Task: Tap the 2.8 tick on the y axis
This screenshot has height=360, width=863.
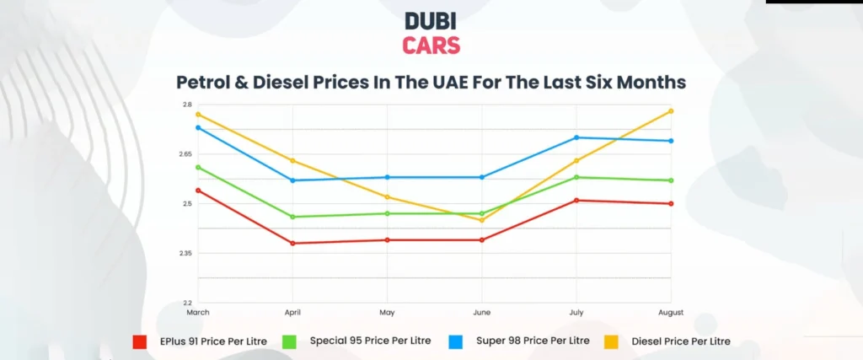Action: tap(186, 105)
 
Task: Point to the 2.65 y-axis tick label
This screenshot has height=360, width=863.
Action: tap(185, 154)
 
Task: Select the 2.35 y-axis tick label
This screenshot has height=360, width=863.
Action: tap(185, 253)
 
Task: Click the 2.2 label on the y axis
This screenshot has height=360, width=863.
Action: tap(186, 303)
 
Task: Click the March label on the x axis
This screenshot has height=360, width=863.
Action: tap(198, 312)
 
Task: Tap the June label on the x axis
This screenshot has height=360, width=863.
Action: tap(481, 312)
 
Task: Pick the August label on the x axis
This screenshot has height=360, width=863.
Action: tap(671, 312)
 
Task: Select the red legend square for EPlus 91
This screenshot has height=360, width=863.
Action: tap(141, 341)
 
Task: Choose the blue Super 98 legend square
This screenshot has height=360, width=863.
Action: tap(456, 341)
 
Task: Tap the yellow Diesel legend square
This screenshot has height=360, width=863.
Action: tap(614, 341)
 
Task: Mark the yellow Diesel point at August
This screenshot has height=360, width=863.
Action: tap(671, 111)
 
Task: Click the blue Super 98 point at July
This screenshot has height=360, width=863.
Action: tap(576, 137)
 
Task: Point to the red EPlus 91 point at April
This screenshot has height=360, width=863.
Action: tap(292, 244)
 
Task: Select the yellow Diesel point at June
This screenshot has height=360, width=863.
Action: tap(482, 220)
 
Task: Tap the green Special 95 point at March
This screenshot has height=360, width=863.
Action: tap(198, 167)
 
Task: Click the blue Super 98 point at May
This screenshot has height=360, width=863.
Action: tap(387, 177)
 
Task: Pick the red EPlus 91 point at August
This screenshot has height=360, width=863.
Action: tap(671, 203)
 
